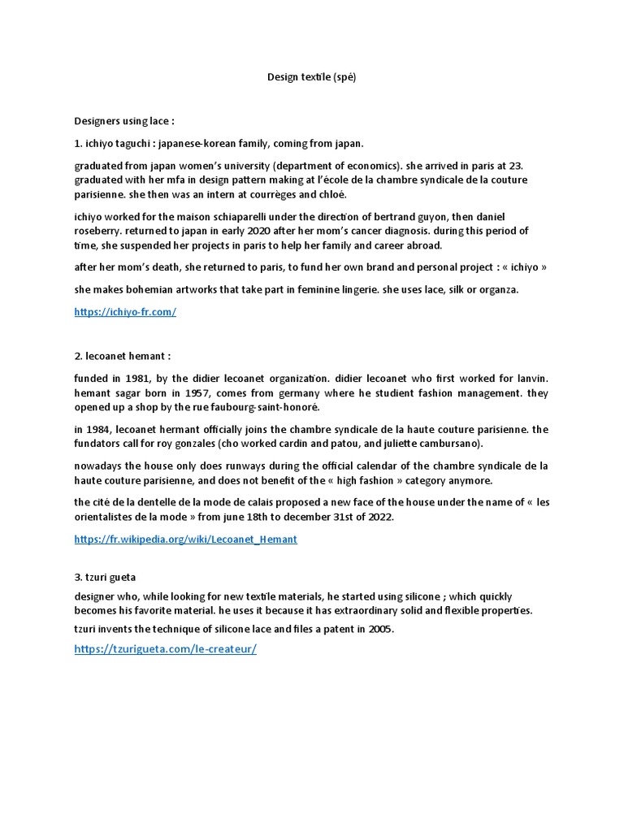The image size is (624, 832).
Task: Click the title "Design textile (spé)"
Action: pos(312,77)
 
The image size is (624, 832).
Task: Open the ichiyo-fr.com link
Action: pos(125,311)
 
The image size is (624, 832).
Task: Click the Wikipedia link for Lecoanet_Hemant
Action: pos(185,539)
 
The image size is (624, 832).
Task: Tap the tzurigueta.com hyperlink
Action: pos(165,649)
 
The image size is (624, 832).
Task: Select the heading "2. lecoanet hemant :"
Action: pos(123,356)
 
